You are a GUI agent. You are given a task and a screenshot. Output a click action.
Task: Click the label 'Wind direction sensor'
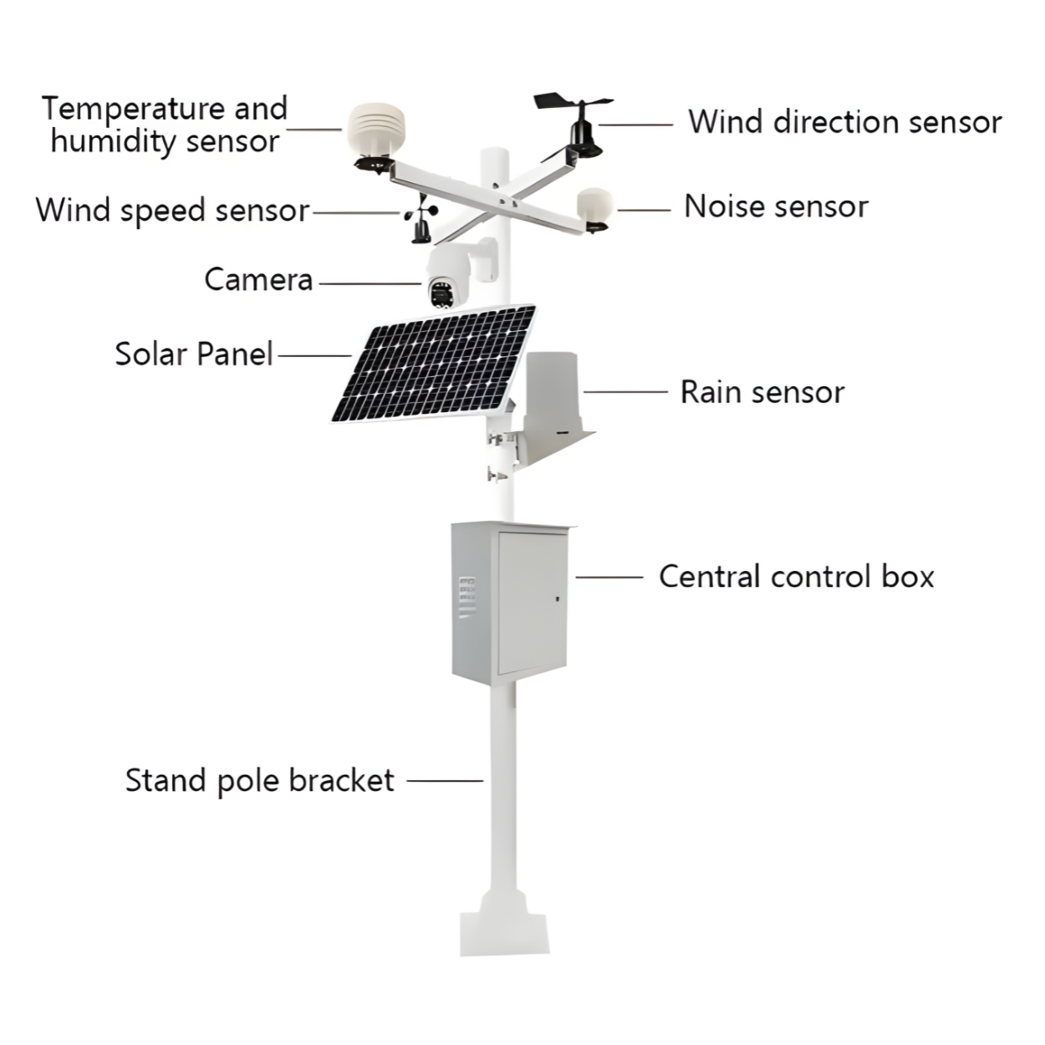coord(844,122)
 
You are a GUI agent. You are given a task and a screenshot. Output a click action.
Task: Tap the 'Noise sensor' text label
coord(776,206)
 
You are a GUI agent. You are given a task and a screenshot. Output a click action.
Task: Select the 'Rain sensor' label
coord(762,392)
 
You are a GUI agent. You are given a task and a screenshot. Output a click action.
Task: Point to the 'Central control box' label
coord(796,577)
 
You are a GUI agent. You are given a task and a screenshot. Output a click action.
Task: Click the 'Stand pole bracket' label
coord(259,781)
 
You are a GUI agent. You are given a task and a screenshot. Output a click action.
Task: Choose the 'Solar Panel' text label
coord(193,354)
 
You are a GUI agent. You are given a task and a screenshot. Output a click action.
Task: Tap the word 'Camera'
coord(258,280)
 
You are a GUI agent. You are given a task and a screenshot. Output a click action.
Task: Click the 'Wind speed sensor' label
coord(172,210)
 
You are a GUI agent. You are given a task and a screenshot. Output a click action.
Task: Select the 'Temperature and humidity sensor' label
coord(165,125)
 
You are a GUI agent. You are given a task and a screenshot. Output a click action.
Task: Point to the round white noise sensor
coord(594,206)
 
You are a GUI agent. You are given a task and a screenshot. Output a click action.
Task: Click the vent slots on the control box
coord(466,598)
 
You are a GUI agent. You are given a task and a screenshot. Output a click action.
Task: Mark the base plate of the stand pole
coord(505,932)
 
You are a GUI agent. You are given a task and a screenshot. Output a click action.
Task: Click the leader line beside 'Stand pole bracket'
coord(445,781)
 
